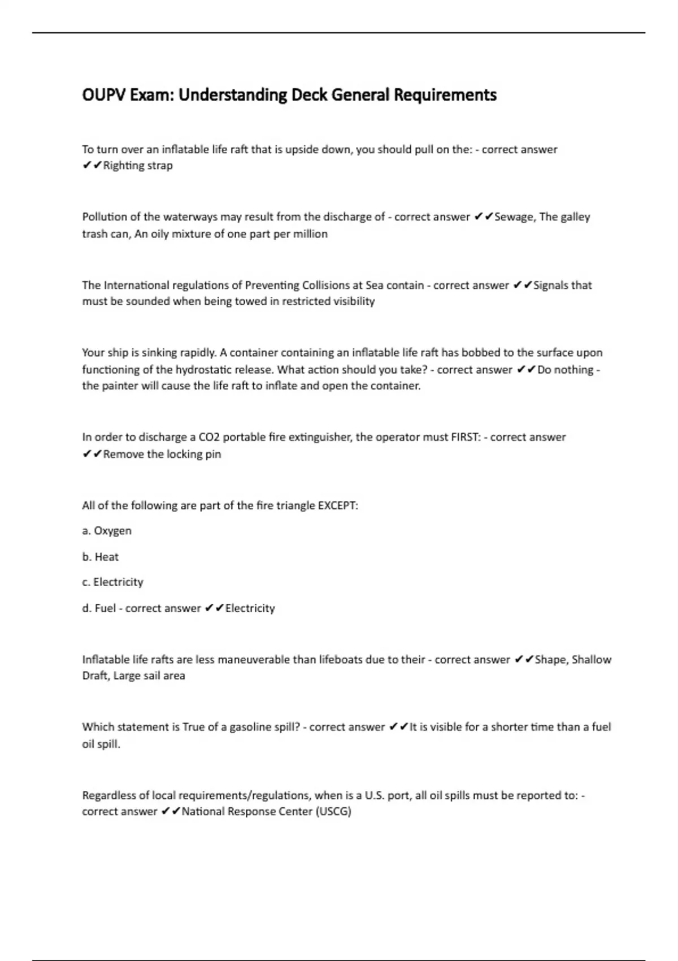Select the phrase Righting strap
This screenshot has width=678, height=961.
[138, 166]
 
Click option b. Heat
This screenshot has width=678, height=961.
[101, 557]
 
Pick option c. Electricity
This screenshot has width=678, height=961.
[112, 582]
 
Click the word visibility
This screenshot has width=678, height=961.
[354, 301]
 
